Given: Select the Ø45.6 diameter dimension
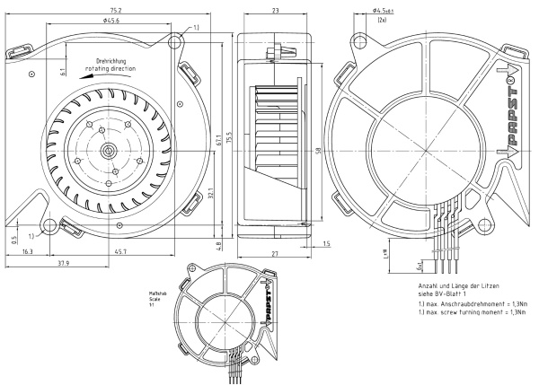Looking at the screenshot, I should (111, 21).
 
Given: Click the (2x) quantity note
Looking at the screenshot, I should (382, 20).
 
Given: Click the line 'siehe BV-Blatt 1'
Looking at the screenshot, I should (447, 295).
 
